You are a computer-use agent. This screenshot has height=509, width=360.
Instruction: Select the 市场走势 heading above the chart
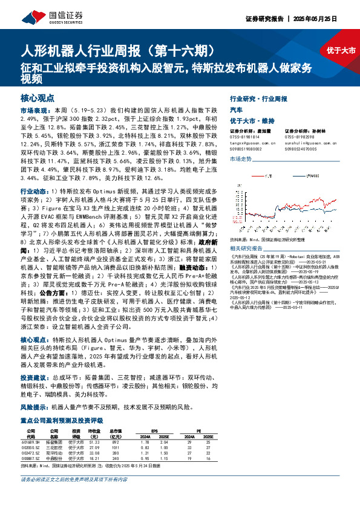tap(241, 158)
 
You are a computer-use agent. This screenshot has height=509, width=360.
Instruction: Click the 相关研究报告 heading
tap(246, 248)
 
